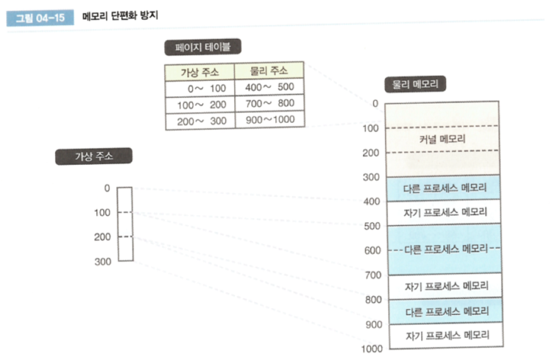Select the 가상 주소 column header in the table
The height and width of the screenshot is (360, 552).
(x=199, y=71)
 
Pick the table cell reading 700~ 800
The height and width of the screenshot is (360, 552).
(x=269, y=105)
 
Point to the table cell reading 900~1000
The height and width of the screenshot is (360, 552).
(x=269, y=121)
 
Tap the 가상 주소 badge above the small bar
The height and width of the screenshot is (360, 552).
(x=93, y=156)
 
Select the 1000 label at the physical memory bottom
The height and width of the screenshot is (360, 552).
(x=372, y=348)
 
